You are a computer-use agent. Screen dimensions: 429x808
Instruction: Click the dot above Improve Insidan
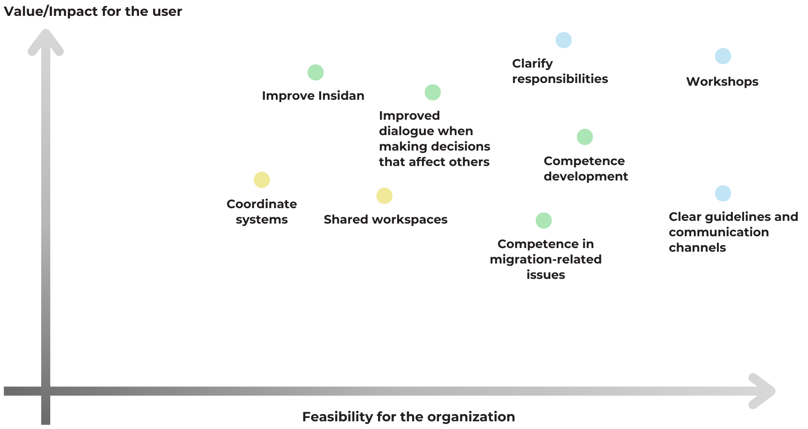coord(316,73)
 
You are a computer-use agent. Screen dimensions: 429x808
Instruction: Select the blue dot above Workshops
coord(723,56)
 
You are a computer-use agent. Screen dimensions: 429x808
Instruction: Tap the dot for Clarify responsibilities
coord(563,40)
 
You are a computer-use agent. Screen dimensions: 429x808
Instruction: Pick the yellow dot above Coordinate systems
coord(262,180)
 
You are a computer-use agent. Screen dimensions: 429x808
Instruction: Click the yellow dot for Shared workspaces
coord(385,196)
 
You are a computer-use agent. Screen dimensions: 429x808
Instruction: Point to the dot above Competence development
coord(585,137)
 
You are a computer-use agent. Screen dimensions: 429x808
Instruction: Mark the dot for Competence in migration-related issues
coord(543,221)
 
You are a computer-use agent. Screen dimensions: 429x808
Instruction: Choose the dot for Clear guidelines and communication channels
coord(723,193)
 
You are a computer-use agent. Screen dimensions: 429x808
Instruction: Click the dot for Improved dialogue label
coord(433,93)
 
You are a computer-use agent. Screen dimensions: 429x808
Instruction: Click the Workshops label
coord(722,82)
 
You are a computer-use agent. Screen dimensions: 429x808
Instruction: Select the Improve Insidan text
coord(313,96)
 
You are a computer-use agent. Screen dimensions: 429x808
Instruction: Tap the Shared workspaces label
coord(385,219)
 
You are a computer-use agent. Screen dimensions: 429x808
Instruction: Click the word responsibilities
coord(560,79)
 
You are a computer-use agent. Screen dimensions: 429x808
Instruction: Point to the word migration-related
coord(546,259)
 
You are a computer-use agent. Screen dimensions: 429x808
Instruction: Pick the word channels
coord(697,248)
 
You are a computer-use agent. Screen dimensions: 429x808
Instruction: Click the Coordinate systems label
coord(262,212)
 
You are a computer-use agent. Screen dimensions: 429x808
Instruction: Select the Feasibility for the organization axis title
coord(408,417)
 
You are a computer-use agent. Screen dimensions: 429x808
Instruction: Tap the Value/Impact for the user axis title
coord(93,11)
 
